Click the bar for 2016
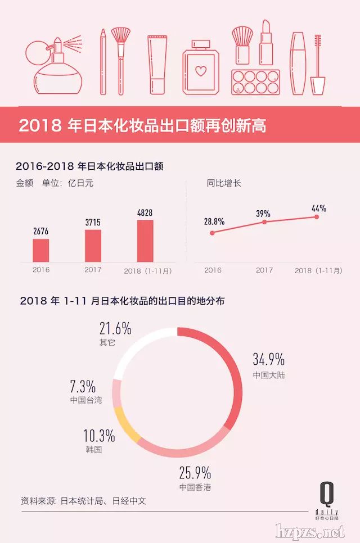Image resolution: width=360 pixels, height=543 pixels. (x=40, y=250)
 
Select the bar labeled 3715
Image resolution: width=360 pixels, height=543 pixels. (x=93, y=245)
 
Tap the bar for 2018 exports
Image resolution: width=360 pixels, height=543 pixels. (x=145, y=241)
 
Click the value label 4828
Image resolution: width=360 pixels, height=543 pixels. (x=145, y=213)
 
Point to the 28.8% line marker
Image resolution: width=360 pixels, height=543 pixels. (x=212, y=232)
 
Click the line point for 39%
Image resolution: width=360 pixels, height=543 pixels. (x=264, y=222)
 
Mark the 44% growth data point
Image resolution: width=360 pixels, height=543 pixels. (x=317, y=216)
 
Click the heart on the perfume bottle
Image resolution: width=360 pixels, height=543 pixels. (x=200, y=71)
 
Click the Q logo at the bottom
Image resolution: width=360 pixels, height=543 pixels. (x=326, y=495)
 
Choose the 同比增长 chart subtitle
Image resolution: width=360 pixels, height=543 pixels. (x=223, y=183)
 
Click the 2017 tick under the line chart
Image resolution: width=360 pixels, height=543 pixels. (x=264, y=270)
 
